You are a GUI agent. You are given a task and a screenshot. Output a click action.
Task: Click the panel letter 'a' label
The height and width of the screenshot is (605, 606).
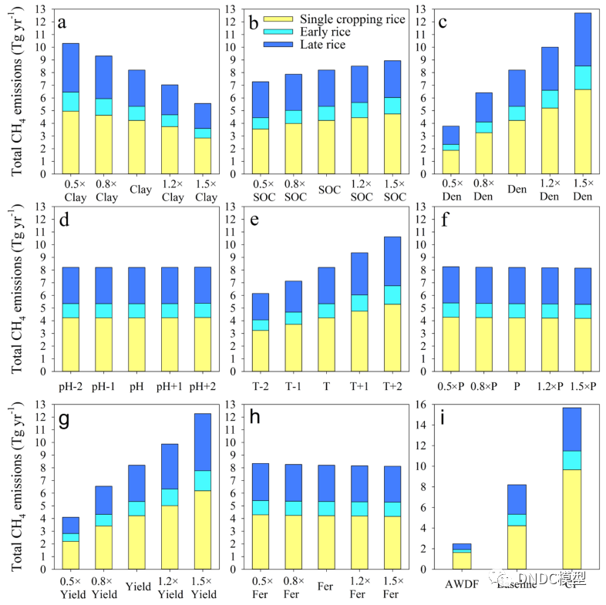(62, 23)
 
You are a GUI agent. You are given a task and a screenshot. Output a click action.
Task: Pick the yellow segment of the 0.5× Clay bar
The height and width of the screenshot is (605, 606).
(71, 142)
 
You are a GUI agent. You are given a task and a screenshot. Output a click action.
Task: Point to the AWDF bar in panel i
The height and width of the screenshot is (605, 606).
(461, 556)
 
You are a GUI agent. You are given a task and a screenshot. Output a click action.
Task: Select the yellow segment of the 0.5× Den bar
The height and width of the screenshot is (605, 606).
(451, 161)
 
